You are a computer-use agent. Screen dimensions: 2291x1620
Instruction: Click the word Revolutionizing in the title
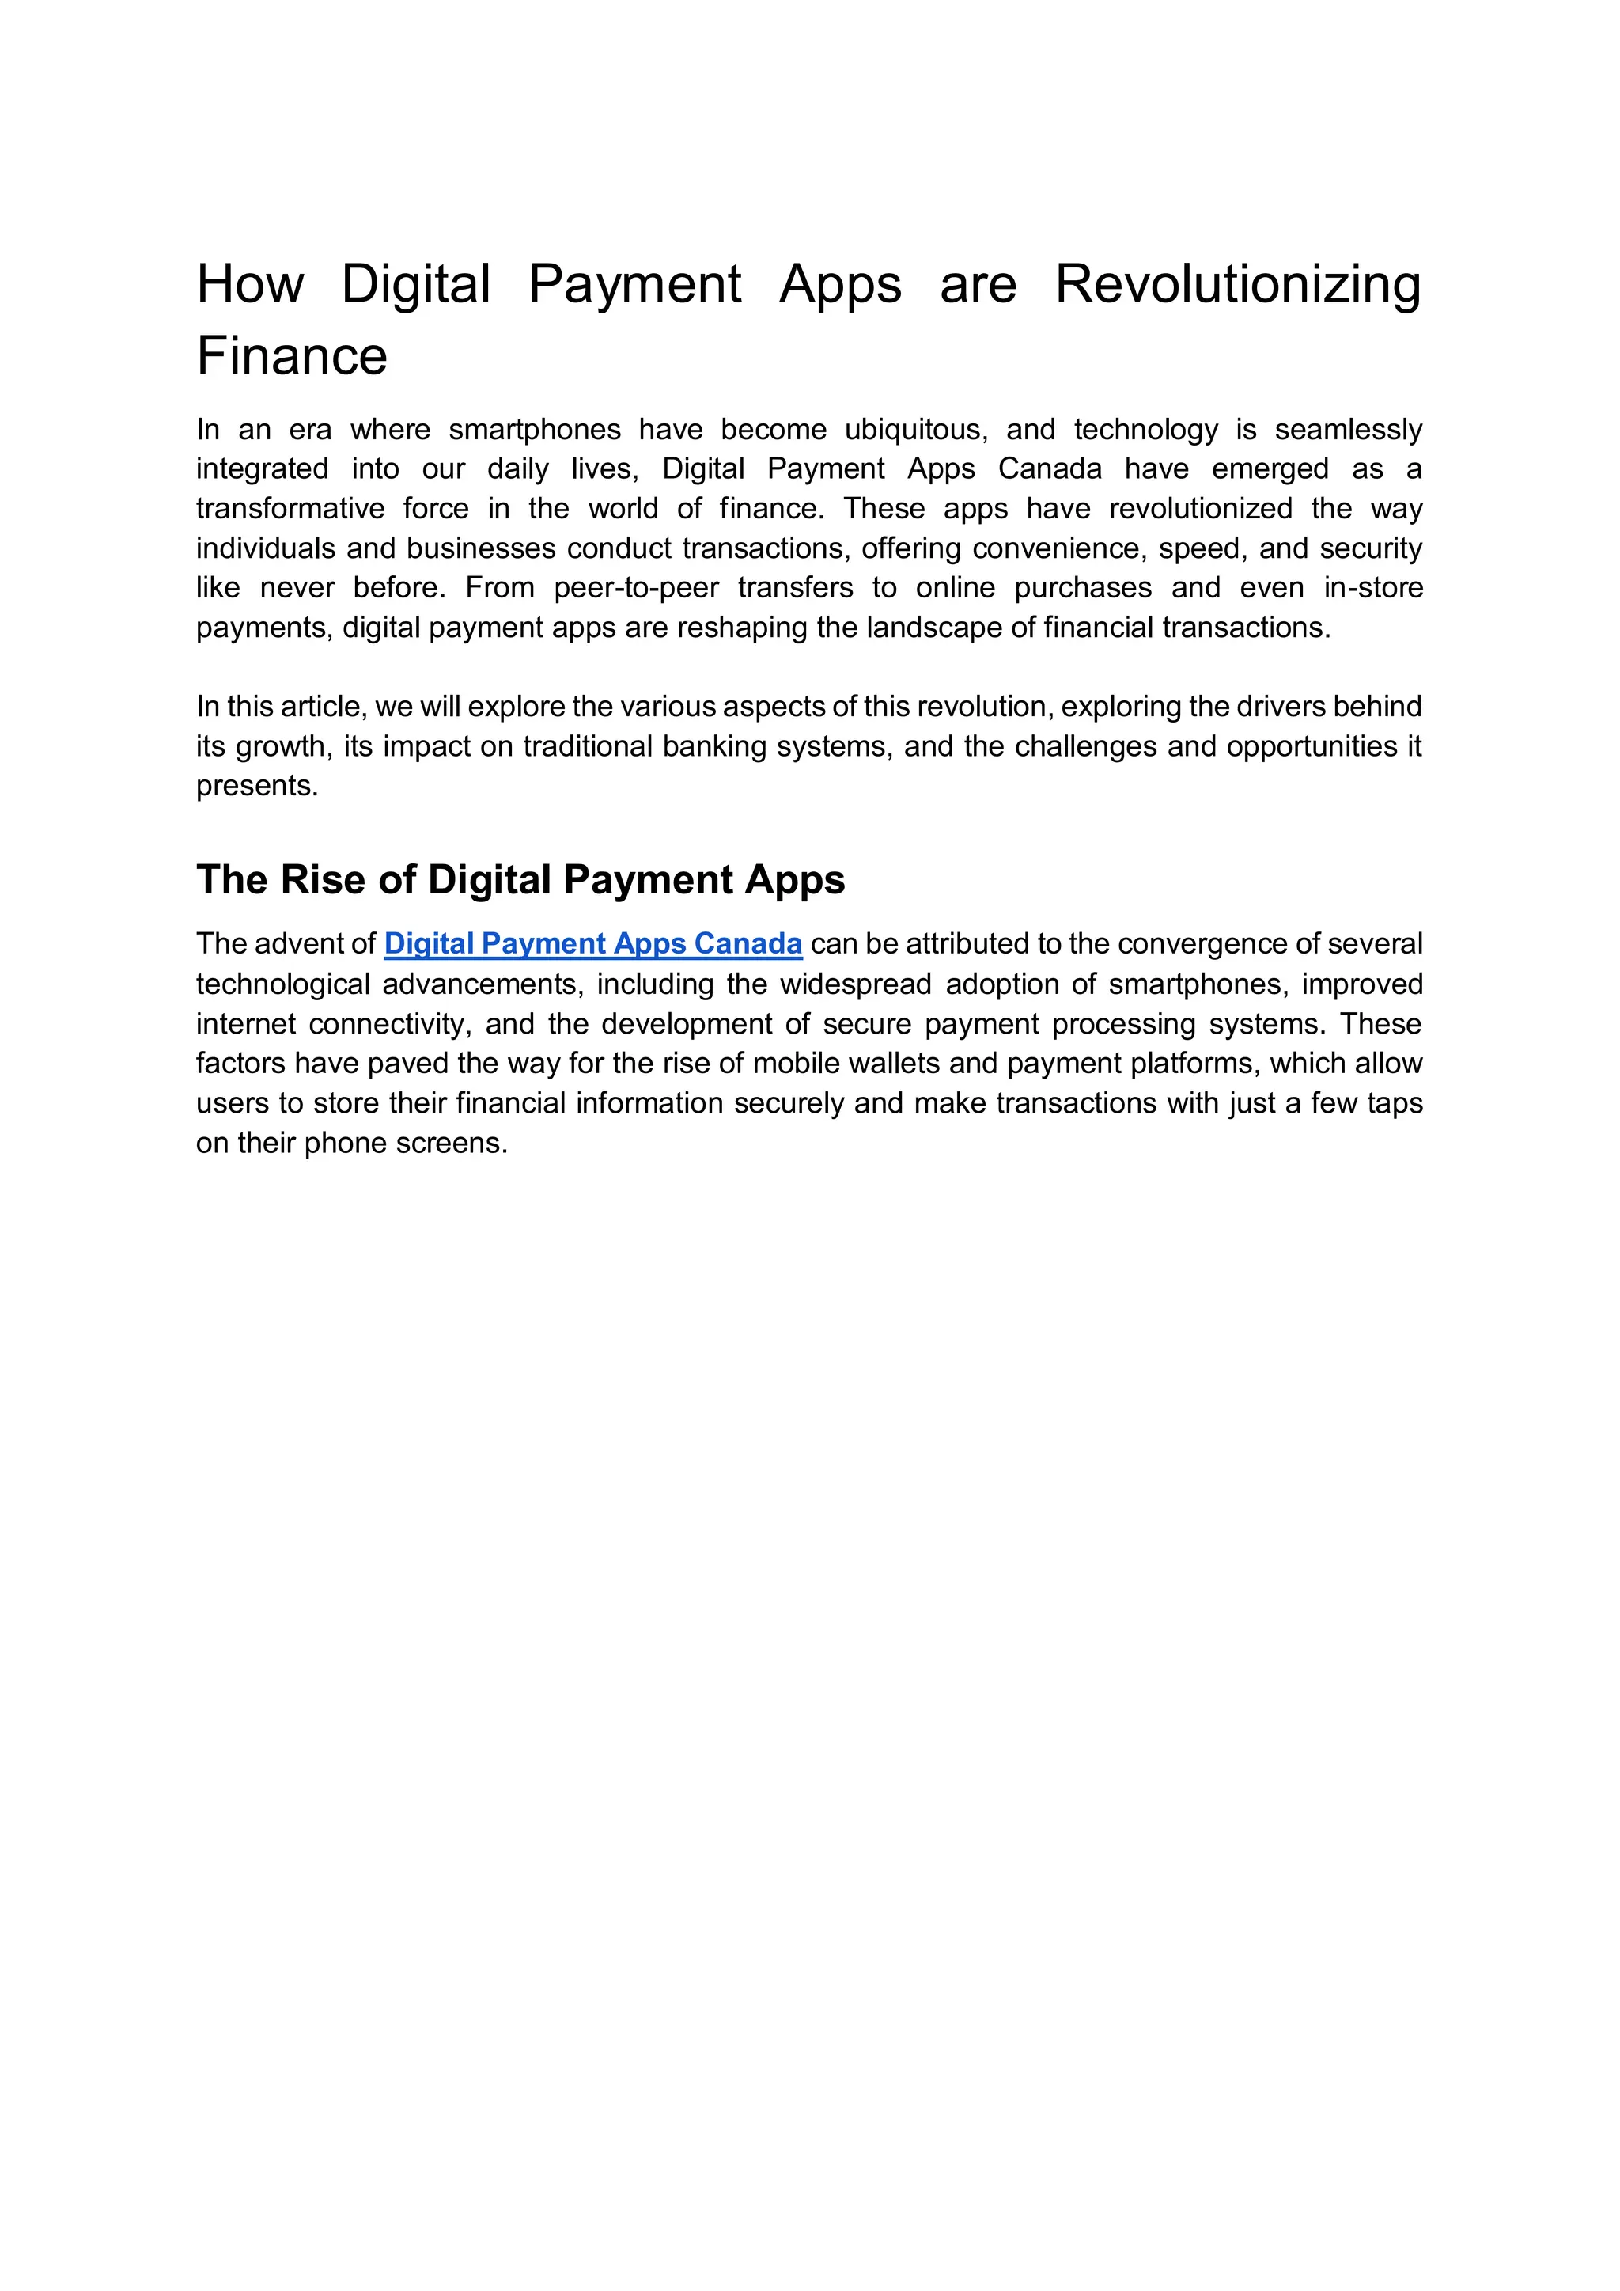(1237, 284)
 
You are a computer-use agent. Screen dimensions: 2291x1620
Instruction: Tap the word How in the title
(249, 284)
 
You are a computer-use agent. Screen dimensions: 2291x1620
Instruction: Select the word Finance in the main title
(291, 356)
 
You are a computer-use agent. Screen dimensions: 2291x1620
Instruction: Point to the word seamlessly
(1348, 430)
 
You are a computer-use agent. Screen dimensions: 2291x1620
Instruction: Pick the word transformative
(290, 509)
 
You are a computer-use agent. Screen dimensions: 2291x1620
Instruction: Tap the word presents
(256, 787)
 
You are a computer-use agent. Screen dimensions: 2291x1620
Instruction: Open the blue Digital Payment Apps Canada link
(592, 944)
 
